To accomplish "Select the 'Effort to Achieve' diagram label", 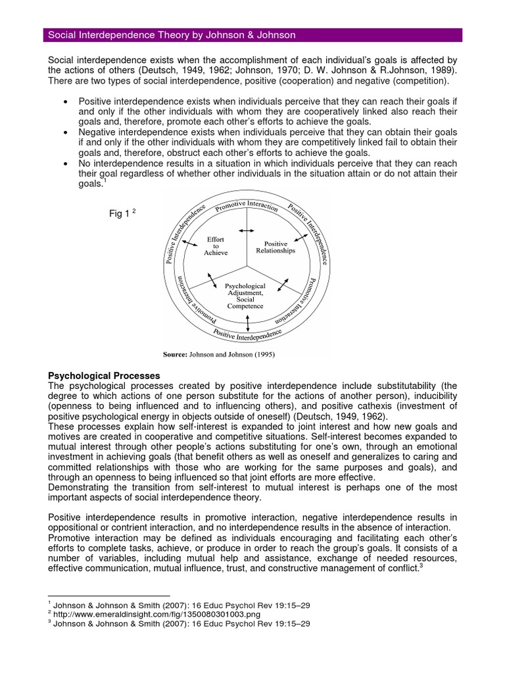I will coord(216,246).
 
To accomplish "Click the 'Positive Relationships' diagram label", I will coord(276,247).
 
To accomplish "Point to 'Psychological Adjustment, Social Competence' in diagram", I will coord(245,296).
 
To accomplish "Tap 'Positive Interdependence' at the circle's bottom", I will coord(248,335).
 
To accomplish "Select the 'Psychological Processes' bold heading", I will coord(105,375).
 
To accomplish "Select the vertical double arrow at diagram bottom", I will coord(248,322).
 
